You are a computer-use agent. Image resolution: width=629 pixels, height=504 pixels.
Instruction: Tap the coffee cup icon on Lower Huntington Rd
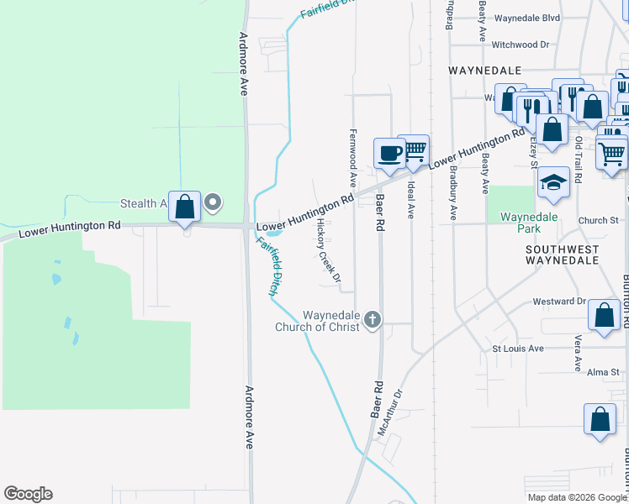[x=389, y=153]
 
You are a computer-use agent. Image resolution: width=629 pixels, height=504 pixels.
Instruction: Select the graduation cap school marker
[x=553, y=182]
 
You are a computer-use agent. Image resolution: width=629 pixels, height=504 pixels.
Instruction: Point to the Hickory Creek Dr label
[x=328, y=250]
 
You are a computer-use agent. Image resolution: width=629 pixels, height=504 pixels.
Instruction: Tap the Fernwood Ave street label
[x=353, y=158]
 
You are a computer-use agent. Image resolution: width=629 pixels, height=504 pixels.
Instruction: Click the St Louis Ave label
[x=518, y=348]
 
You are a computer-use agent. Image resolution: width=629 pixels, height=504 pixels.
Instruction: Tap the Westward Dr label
[x=558, y=301]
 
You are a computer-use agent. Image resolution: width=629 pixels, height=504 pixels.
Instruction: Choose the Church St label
[x=598, y=221]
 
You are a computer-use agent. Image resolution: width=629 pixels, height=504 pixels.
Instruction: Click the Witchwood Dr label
[x=520, y=44]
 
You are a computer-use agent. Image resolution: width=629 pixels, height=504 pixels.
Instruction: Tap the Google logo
[x=28, y=494]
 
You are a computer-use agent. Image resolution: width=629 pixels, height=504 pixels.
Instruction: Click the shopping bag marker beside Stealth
[x=185, y=206]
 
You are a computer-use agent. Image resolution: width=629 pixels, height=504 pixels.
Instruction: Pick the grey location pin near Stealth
[x=213, y=202]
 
